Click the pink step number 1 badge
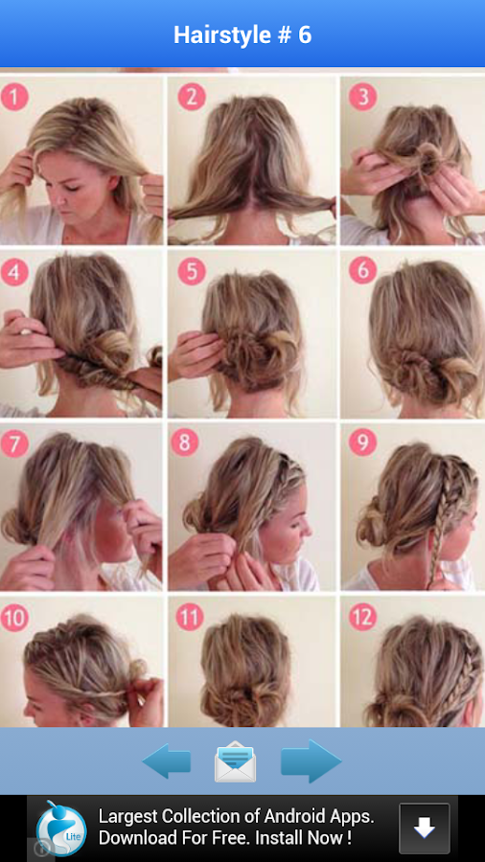pos(14,98)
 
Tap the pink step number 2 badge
pos(192,98)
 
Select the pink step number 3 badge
pos(362,98)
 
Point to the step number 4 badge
pos(14,272)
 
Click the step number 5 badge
pos(192,272)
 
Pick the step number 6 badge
pos(362,270)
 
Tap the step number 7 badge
pos(14,442)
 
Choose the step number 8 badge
pos(185,442)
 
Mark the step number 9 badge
pos(362,442)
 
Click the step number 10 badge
pos(14,617)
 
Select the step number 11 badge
pos(190,617)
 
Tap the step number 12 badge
pos(362,617)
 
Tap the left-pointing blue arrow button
pos(166,761)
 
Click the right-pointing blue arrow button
pos(312,761)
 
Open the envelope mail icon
pos(236,761)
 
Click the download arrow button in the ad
pos(424,828)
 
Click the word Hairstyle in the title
pos(221,35)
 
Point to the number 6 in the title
pos(305,34)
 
